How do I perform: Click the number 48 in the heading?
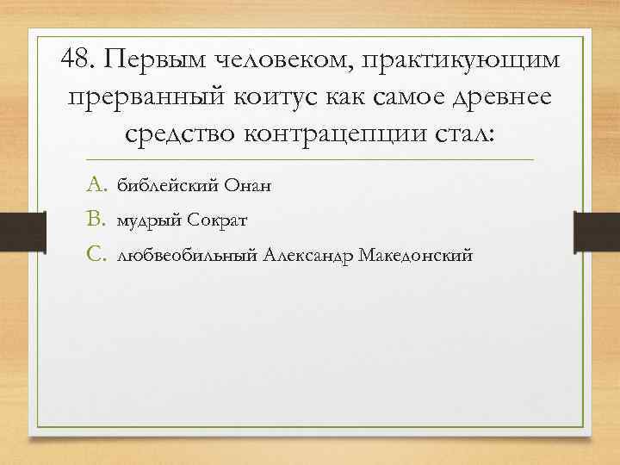tap(80, 59)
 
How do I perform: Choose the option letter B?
tap(96, 220)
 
